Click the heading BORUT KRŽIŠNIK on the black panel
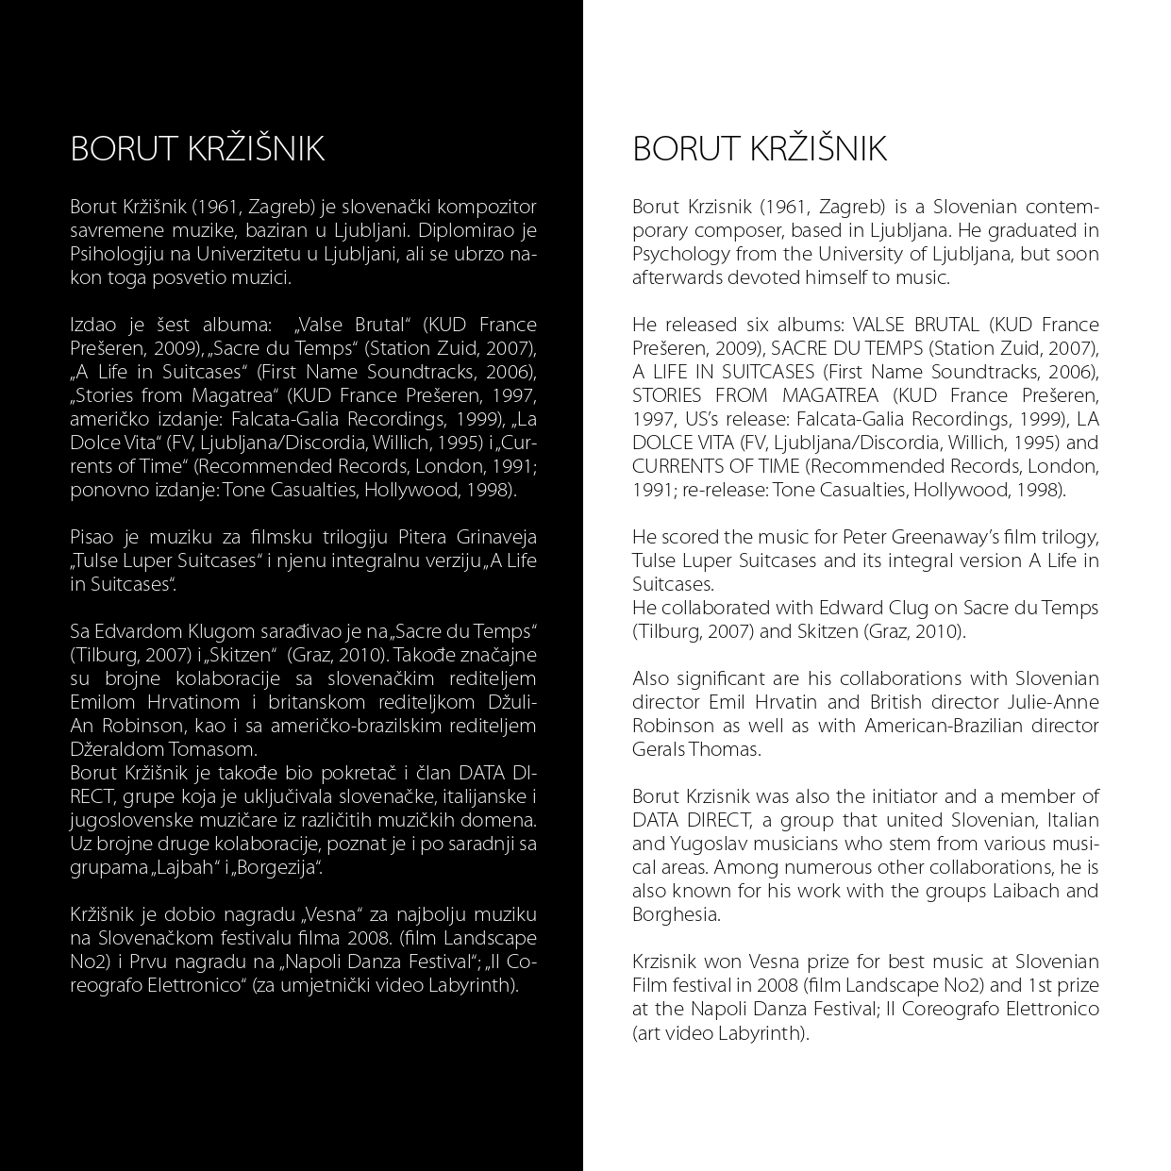coord(197,149)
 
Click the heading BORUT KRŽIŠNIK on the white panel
coord(760,149)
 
